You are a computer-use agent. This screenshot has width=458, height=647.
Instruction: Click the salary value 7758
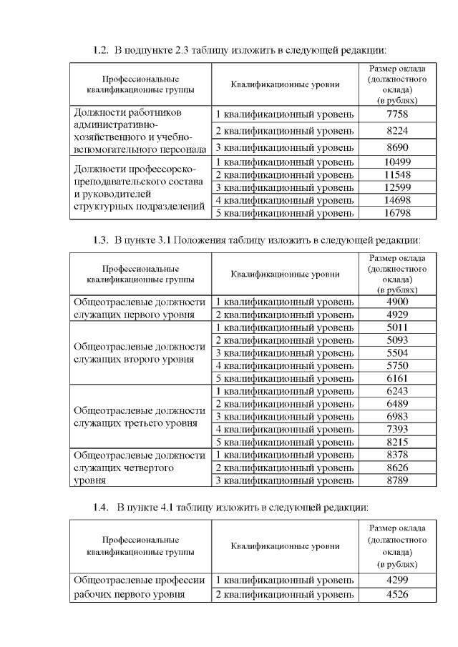pos(396,114)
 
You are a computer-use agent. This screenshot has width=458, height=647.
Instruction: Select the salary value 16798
pos(396,213)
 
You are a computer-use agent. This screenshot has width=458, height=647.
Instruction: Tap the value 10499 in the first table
pos(396,162)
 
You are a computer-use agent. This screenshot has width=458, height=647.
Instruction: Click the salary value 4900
pos(396,302)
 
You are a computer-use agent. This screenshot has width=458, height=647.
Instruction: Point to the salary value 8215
pos(396,443)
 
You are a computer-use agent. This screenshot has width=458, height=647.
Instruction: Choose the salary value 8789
pos(396,480)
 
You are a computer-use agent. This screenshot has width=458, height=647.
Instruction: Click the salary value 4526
pos(396,594)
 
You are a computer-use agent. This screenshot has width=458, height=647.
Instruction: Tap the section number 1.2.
pos(101,50)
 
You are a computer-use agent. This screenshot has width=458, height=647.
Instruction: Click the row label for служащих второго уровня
pos(140,352)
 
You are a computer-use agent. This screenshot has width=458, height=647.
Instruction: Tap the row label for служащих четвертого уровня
pos(140,468)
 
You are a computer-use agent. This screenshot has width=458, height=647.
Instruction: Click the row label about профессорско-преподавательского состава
pos(140,187)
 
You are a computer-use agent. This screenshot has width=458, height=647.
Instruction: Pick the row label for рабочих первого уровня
pos(140,587)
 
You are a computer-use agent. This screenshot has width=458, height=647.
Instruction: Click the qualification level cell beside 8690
pos(285,148)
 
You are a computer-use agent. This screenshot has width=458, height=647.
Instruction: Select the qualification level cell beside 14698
pos(285,200)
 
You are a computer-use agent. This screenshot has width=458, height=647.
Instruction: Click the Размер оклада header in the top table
pos(396,84)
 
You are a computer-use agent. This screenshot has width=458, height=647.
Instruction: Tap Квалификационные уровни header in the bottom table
pos(285,547)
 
